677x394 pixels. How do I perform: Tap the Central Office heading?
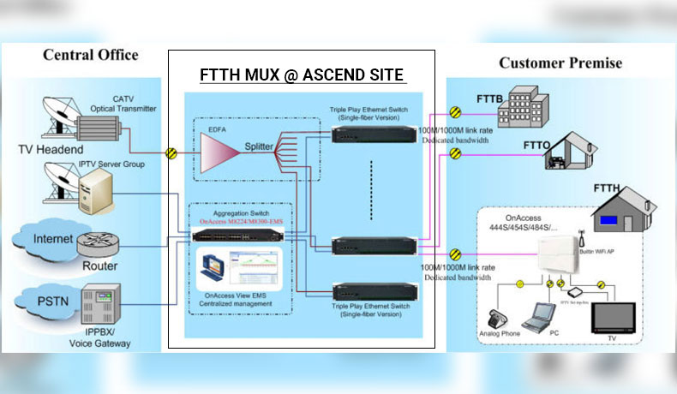click(x=91, y=55)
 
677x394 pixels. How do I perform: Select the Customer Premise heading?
click(x=560, y=63)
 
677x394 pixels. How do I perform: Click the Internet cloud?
click(x=53, y=240)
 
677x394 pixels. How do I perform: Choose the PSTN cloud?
click(x=49, y=302)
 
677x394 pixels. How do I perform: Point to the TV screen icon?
click(x=614, y=317)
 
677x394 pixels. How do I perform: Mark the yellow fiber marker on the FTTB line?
click(x=456, y=111)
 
